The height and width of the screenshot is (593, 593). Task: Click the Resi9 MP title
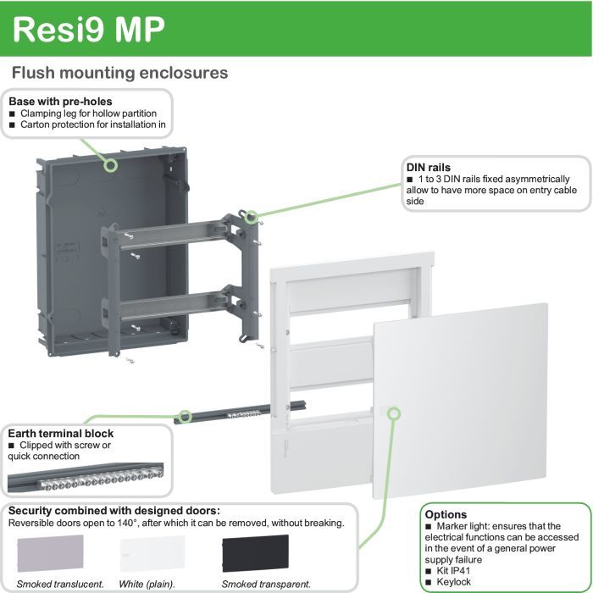90,29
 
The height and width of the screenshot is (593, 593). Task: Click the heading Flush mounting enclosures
119,73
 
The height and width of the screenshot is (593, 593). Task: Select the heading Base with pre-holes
60,102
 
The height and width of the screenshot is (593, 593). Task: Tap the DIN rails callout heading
429,167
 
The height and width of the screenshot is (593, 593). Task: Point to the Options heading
446,514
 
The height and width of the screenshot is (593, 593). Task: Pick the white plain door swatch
152,554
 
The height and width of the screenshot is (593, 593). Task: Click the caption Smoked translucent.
60,584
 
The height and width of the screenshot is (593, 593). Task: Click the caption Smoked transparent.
266,584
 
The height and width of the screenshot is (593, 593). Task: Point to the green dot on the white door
393,413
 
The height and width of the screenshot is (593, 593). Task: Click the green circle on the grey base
109,164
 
